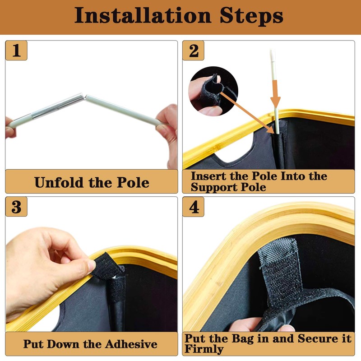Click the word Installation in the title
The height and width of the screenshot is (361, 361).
click(143, 15)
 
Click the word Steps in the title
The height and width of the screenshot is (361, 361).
click(251, 15)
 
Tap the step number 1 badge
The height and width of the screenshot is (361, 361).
click(16, 51)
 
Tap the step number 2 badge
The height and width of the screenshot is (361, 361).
click(194, 51)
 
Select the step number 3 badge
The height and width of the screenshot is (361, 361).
click(16, 207)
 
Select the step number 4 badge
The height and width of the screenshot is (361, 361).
click(194, 207)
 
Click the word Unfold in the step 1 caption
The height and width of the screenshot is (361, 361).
click(59, 182)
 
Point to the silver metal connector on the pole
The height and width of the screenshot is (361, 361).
click(58, 106)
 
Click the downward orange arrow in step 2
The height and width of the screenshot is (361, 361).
click(275, 94)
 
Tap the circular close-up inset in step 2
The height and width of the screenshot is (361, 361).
click(213, 91)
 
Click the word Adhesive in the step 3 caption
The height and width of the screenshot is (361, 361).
click(131, 344)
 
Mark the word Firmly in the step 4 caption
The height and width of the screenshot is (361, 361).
click(204, 349)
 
